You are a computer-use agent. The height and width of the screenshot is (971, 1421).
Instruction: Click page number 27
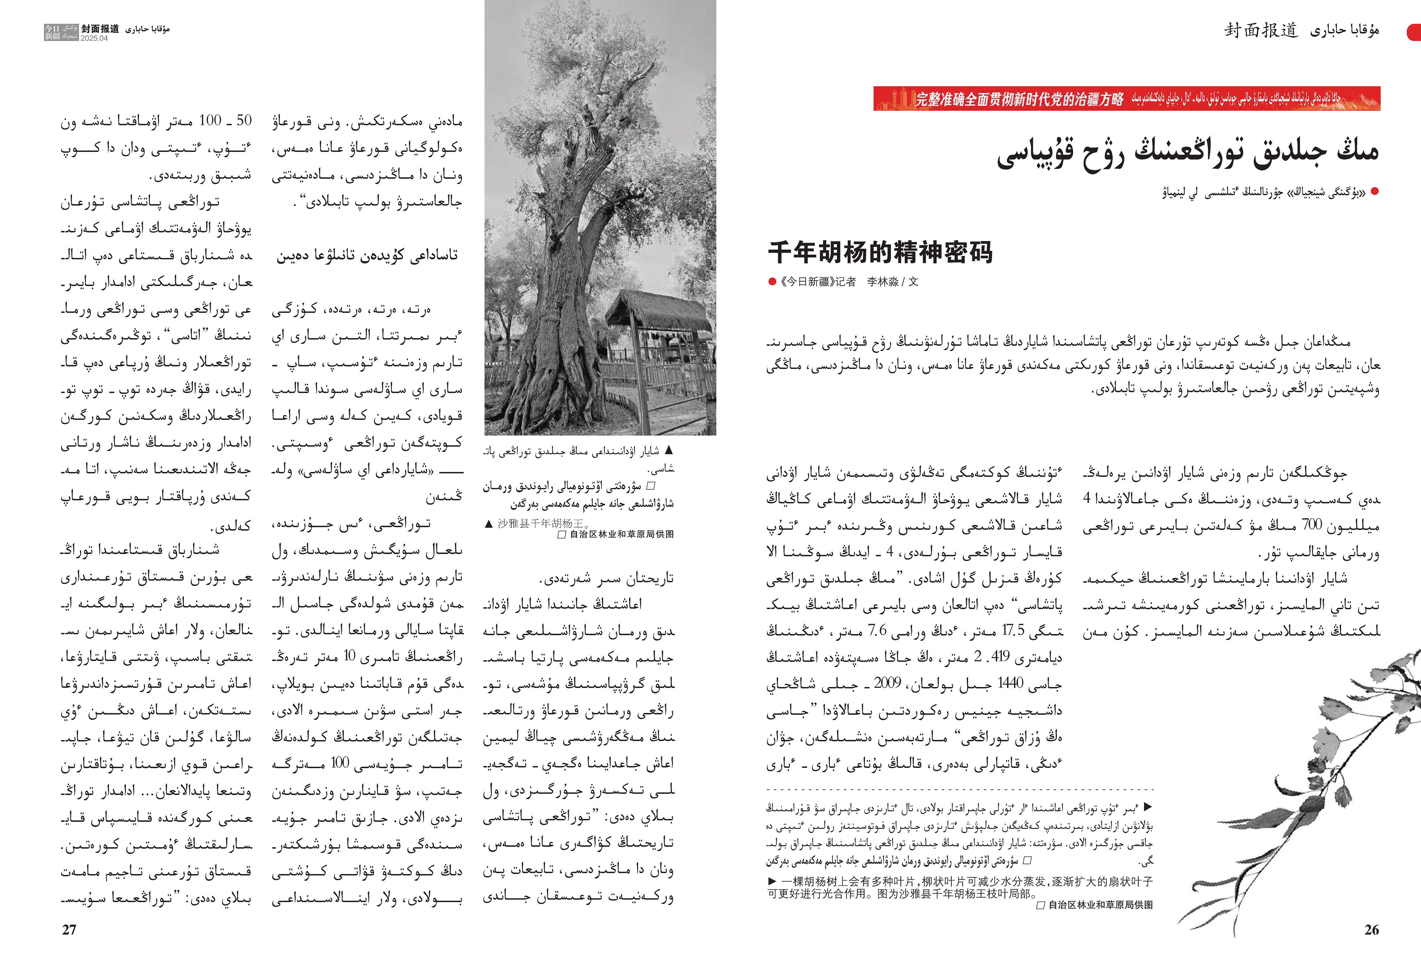pyautogui.click(x=69, y=929)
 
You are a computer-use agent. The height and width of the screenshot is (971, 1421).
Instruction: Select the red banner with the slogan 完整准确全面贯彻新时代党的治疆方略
pyautogui.click(x=1126, y=99)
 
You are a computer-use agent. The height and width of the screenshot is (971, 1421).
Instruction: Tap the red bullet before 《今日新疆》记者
pyautogui.click(x=772, y=282)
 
